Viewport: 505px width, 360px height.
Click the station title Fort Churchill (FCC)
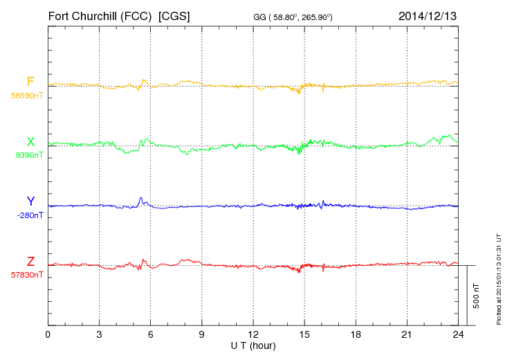pos(100,15)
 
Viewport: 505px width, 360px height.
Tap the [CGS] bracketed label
pos(174,15)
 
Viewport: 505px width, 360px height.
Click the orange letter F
pos(30,82)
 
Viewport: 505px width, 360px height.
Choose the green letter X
pos(30,142)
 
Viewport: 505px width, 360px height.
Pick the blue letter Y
pos(30,201)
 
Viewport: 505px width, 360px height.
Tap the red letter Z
pos(30,262)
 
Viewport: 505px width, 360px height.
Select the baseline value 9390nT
pos(28,155)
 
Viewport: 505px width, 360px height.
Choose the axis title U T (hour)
pos(253,345)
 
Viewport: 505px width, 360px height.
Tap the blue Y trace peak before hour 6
pos(140,198)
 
